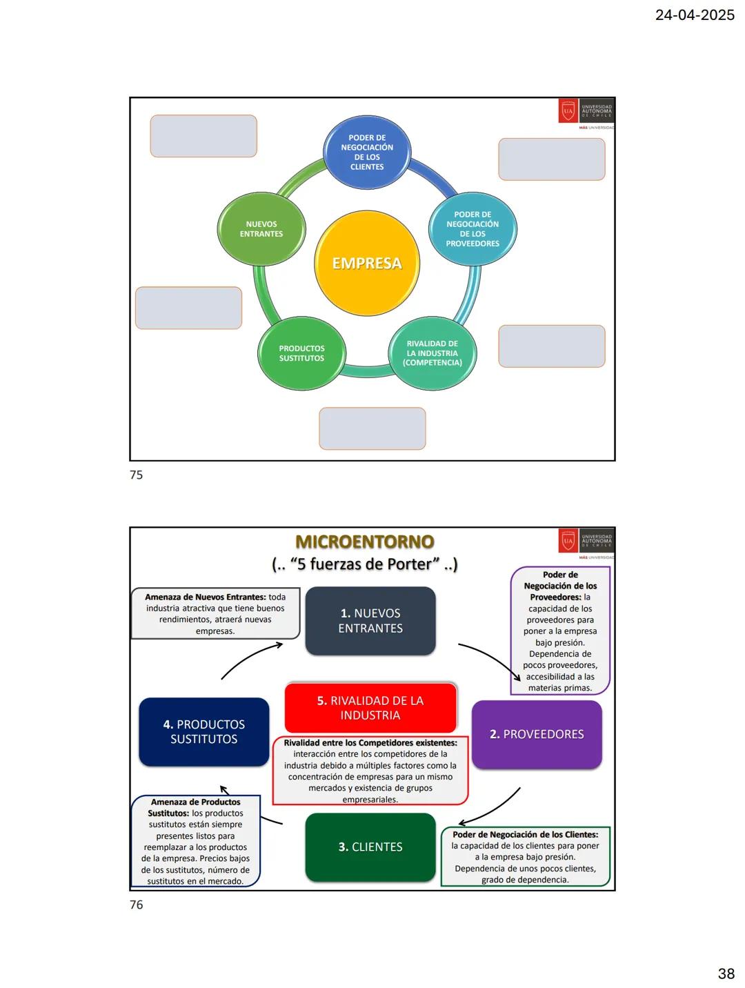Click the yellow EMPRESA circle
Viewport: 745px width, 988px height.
click(367, 263)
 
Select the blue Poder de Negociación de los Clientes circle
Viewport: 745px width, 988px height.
click(367, 152)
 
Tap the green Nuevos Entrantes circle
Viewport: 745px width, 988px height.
click(261, 229)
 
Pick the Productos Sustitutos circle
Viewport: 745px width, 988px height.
click(301, 353)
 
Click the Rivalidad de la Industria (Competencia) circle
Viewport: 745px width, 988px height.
click(433, 353)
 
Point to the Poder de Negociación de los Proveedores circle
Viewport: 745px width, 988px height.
click(473, 229)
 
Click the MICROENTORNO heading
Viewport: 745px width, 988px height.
click(364, 542)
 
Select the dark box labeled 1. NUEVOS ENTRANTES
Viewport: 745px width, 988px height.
click(370, 621)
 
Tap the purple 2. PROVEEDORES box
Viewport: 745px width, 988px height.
click(537, 734)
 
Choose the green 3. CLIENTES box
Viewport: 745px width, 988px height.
click(370, 847)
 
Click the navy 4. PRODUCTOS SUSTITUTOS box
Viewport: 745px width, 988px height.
click(204, 731)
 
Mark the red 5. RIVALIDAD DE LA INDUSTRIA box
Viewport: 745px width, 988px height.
click(370, 708)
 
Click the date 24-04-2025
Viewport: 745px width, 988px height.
click(695, 15)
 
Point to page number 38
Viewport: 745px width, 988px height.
click(726, 974)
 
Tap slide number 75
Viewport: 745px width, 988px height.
click(137, 475)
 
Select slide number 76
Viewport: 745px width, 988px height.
click(137, 905)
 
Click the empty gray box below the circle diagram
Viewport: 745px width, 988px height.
click(372, 428)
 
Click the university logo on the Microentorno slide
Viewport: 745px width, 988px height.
click(586, 542)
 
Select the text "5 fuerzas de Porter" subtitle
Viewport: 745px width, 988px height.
click(364, 564)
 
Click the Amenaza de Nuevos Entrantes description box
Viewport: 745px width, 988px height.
click(215, 613)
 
